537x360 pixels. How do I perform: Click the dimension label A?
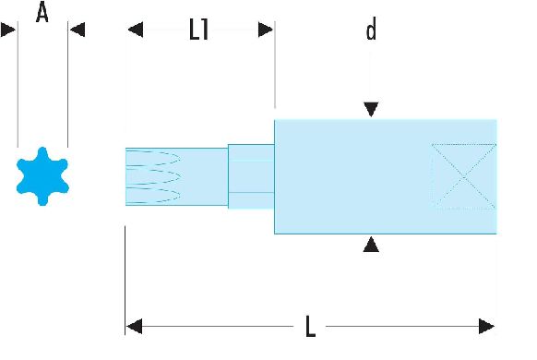tap(42, 12)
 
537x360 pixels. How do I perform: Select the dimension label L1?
tap(199, 30)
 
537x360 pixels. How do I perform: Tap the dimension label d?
tap(371, 29)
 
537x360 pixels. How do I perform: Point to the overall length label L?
tap(310, 327)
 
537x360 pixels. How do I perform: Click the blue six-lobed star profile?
tap(42, 176)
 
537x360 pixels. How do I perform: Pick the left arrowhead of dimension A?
tap(8, 30)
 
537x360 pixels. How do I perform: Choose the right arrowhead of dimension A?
tap(78, 30)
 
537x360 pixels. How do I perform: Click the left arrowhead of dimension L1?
tap(136, 30)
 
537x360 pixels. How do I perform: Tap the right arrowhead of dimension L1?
tap(266, 30)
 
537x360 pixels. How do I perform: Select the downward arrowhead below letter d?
tap(371, 109)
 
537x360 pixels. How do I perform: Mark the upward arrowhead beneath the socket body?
tap(371, 246)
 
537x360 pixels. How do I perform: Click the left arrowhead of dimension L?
tap(135, 326)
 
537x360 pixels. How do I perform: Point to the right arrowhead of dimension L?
tap(486, 326)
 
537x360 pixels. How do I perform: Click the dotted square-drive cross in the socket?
tap(464, 176)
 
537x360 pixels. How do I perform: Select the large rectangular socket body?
tap(386, 176)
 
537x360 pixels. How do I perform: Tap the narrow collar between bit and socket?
tap(251, 176)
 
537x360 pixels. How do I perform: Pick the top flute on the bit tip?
tap(153, 158)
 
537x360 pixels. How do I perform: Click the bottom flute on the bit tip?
tap(153, 196)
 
